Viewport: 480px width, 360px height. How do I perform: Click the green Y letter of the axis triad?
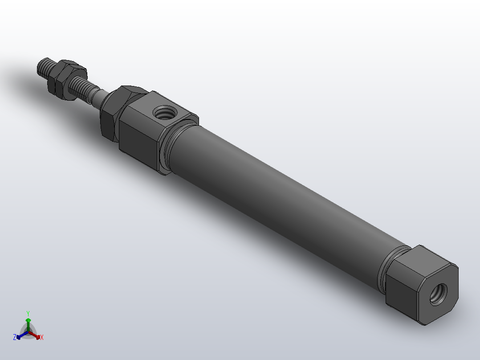point(28,313)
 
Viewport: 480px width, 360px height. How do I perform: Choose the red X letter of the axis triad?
point(42,337)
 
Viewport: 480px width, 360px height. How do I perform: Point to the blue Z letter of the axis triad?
point(15,337)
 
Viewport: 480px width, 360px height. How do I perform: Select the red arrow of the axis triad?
point(36,335)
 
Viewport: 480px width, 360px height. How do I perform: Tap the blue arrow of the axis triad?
point(20,335)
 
